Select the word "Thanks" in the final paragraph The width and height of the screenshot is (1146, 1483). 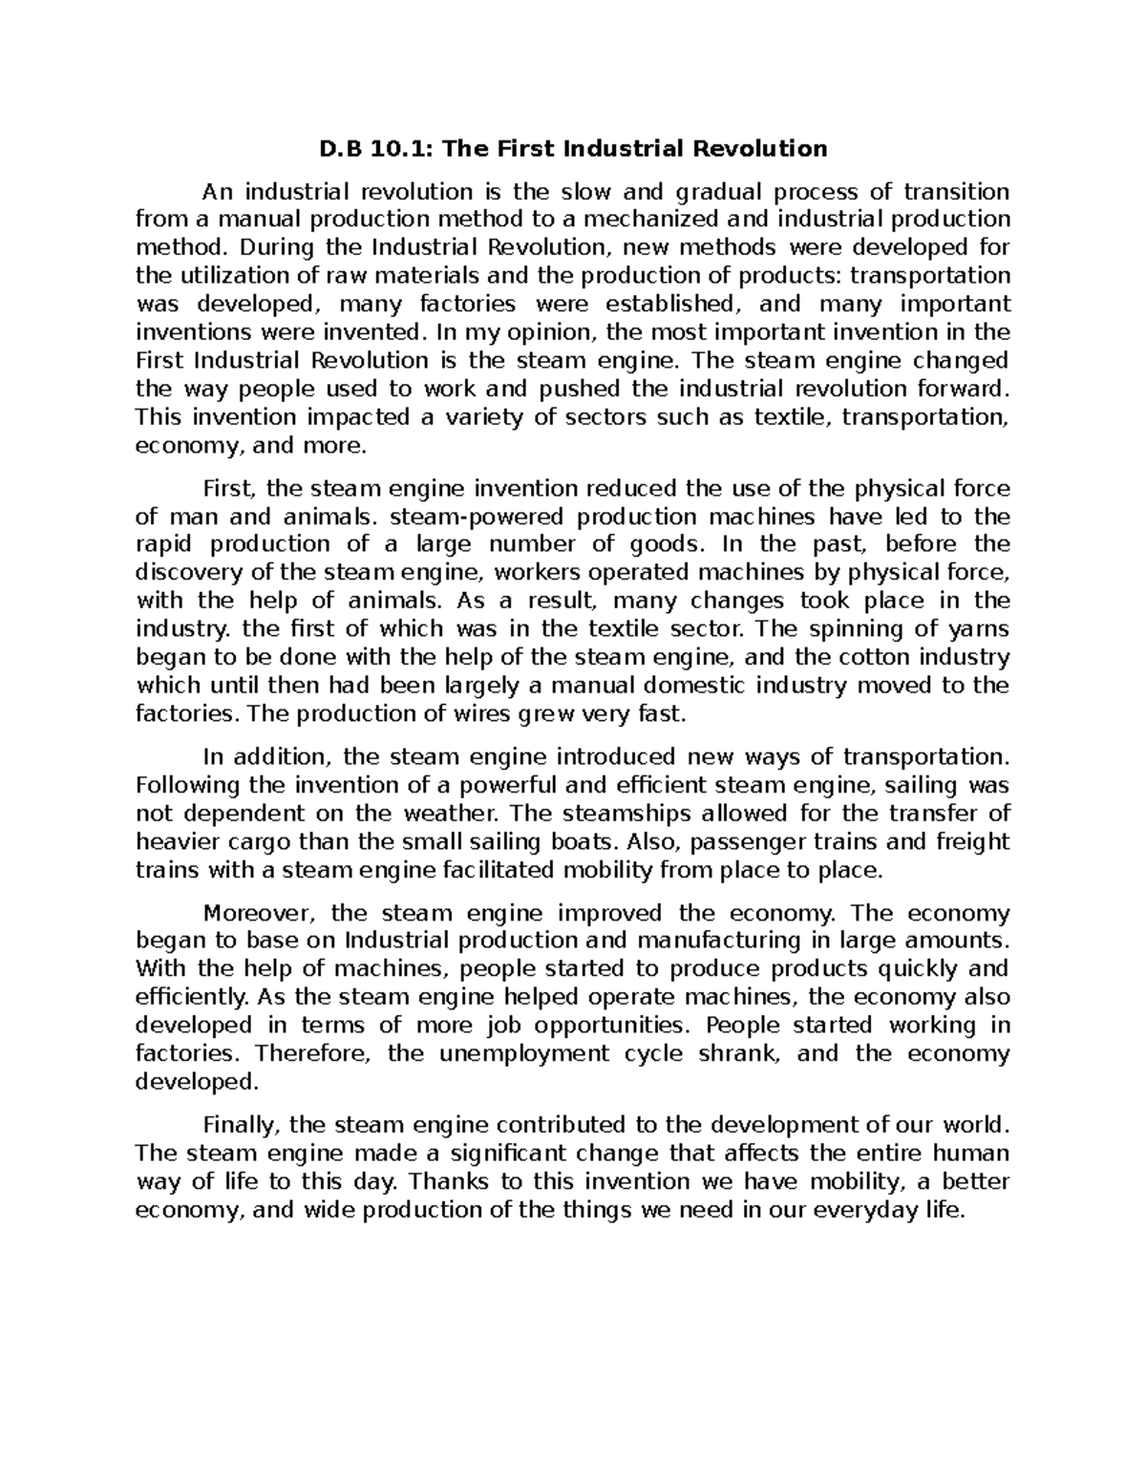(451, 1181)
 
